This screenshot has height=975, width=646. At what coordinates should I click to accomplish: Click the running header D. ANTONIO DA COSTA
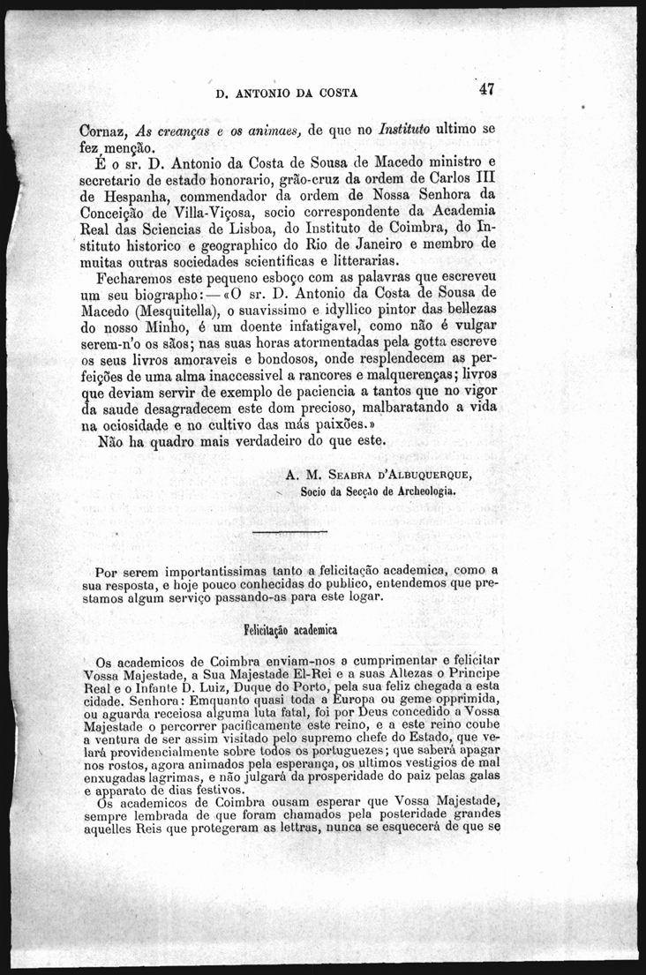click(286, 92)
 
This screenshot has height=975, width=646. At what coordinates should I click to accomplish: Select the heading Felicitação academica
click(289, 632)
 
